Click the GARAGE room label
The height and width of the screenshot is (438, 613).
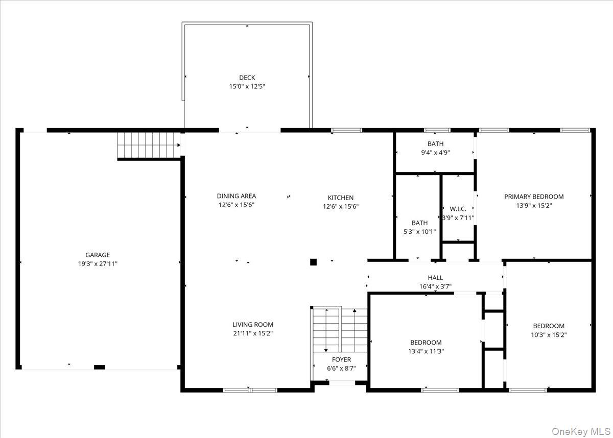click(97, 255)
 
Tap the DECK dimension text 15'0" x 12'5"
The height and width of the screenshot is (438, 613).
click(247, 87)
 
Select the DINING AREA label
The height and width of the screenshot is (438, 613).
click(236, 196)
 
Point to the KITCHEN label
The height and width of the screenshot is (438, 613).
click(340, 198)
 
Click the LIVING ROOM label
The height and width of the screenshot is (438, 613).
click(253, 324)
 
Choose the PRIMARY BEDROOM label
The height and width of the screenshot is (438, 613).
click(534, 197)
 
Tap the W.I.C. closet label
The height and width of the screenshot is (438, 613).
click(458, 209)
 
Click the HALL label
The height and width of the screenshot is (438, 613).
click(435, 278)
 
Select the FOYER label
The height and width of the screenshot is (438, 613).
click(341, 359)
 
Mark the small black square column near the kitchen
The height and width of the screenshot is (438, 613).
click(313, 262)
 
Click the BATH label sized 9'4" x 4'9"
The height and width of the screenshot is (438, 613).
click(435, 144)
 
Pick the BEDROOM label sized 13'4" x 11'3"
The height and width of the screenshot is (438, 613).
click(426, 343)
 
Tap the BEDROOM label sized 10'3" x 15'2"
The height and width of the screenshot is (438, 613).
click(549, 326)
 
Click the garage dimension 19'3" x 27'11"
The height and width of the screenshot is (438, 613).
click(97, 264)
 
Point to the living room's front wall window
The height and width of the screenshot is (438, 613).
click(250, 390)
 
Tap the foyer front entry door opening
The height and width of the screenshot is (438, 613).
click(341, 382)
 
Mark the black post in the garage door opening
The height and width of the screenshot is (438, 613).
click(99, 367)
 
